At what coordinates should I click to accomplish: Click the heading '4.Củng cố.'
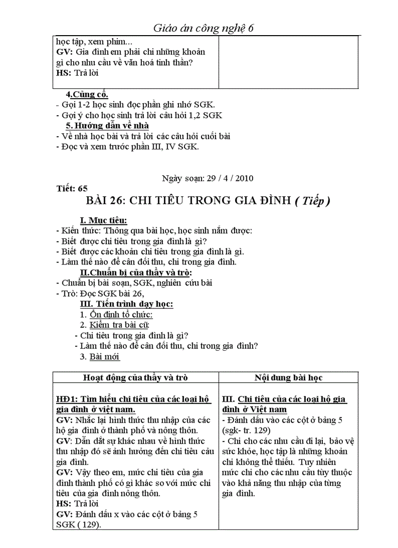point(87,94)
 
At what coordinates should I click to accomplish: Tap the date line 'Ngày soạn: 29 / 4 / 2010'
point(207,178)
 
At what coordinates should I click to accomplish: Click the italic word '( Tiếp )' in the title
point(312,202)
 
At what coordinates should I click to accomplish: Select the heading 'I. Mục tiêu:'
point(103,221)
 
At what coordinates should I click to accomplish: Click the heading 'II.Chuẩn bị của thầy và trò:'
point(136,272)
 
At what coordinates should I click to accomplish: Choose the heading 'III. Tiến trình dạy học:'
point(126,304)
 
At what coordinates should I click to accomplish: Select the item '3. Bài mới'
point(99,357)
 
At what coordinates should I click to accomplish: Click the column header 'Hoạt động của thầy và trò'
point(136,377)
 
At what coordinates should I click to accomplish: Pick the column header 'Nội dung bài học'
point(288,377)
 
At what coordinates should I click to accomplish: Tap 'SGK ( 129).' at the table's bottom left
point(78,525)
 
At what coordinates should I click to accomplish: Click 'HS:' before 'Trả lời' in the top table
point(63,73)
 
